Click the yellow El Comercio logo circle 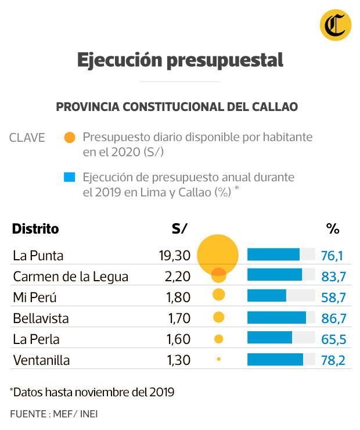[335, 26]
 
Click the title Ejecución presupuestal [180, 60]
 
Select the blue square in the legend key [70, 177]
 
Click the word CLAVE [27, 138]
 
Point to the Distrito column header [35, 228]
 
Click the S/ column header [179, 228]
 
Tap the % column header [332, 228]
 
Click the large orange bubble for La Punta [218, 255]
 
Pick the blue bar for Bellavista [276, 318]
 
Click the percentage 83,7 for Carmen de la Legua [333, 276]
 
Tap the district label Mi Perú [35, 298]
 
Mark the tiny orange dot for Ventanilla [218, 360]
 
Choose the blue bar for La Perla [269, 339]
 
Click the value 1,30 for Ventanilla [178, 360]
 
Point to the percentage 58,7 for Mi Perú [333, 298]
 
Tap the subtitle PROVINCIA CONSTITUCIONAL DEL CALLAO [177, 107]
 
